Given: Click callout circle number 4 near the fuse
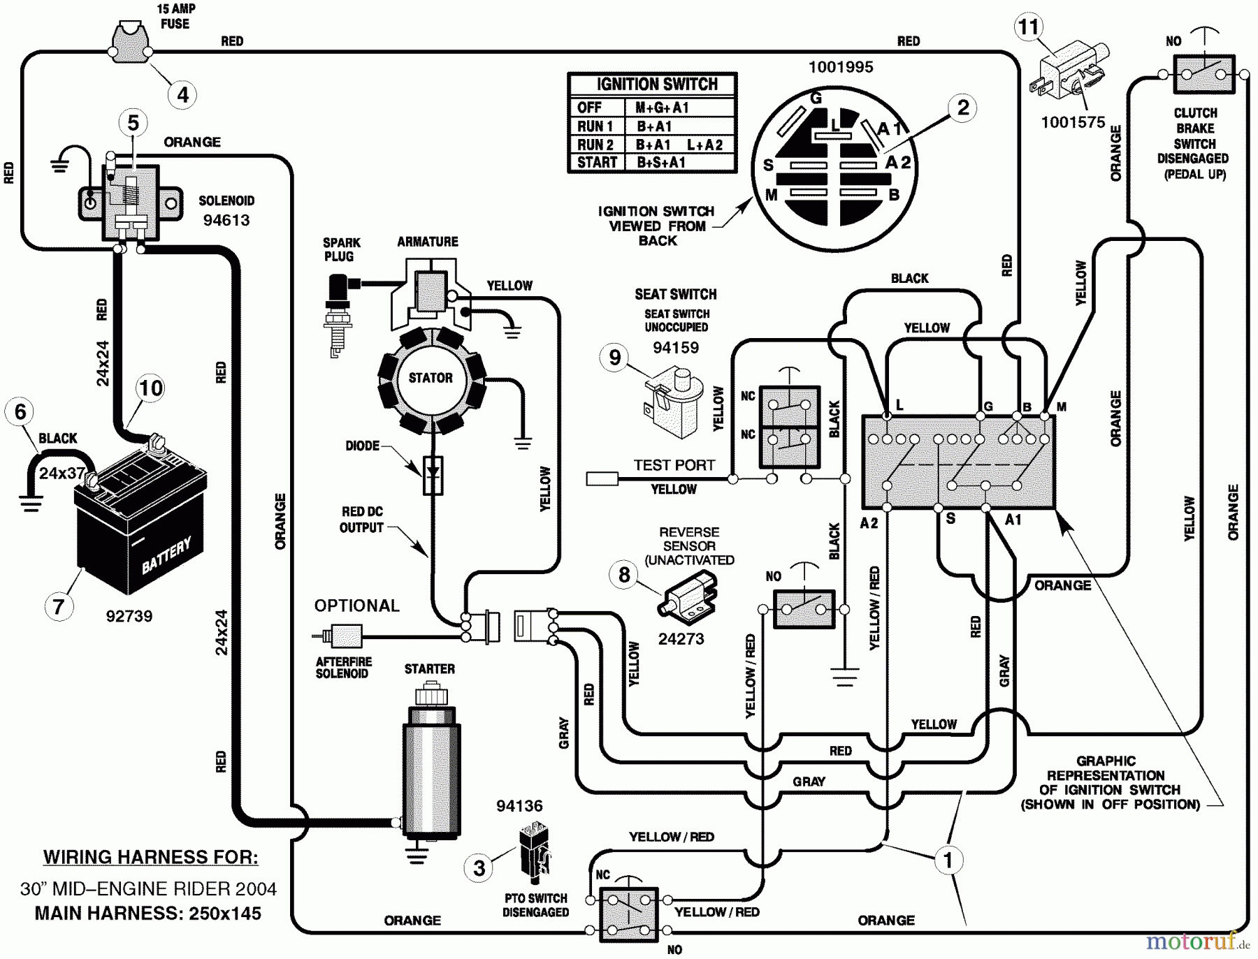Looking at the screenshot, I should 182,94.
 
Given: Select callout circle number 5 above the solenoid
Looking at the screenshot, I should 133,123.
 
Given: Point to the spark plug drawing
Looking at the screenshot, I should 338,311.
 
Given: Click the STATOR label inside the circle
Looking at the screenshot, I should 431,378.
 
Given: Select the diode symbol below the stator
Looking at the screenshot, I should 433,474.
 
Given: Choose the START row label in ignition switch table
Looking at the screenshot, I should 597,163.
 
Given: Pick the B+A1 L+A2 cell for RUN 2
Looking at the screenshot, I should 679,145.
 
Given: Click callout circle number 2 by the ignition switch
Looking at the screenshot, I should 963,108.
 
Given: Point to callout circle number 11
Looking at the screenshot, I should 1029,27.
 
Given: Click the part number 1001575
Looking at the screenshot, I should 1073,122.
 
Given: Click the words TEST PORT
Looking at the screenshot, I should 674,465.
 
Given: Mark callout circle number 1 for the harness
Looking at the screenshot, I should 948,860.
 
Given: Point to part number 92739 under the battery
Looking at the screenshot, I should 129,616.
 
